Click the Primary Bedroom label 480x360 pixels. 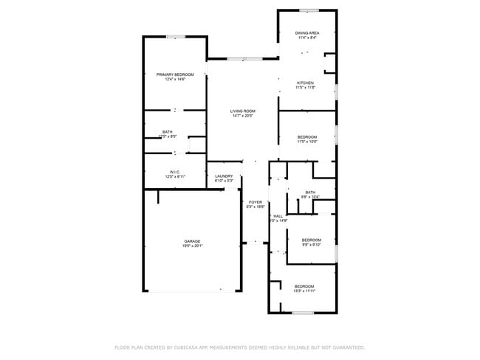[x=175, y=75]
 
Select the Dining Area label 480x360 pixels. [x=306, y=33]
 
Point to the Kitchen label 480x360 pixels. [x=306, y=83]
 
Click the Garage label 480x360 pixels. [x=192, y=241]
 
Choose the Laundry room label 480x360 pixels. [x=224, y=176]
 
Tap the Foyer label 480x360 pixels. [x=256, y=202]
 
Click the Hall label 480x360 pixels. [x=278, y=216]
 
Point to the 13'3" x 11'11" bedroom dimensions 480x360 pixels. [x=304, y=291]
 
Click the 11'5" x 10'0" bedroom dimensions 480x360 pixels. [x=307, y=142]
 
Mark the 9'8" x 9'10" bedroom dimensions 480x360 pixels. [x=311, y=245]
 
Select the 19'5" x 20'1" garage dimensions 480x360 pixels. [x=192, y=246]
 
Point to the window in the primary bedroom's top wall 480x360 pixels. [x=175, y=36]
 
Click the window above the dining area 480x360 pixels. [x=309, y=10]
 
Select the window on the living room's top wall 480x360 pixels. [x=243, y=58]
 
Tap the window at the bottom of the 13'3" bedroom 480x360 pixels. [x=303, y=313]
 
